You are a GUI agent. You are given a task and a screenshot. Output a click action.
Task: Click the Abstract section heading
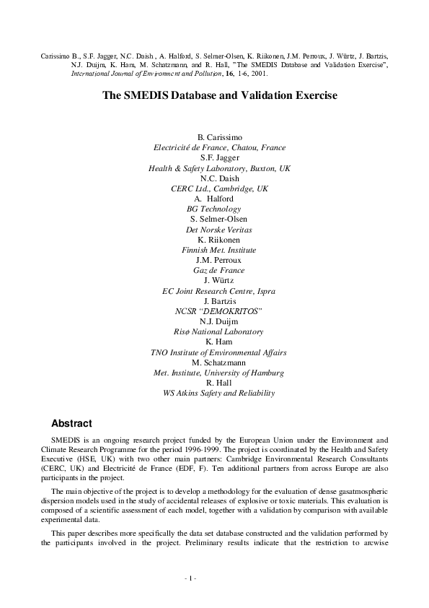pos(71,422)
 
